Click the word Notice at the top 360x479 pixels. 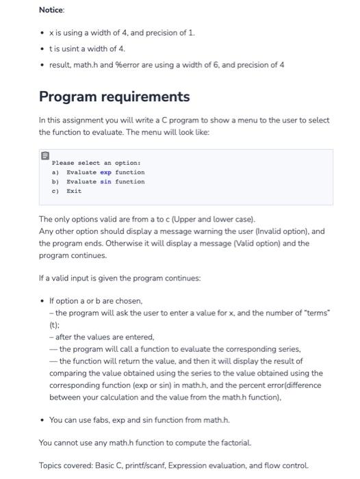tap(51, 10)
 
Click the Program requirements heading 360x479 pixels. tap(114, 96)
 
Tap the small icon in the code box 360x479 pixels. tap(45, 156)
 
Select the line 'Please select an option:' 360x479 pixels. tap(87, 163)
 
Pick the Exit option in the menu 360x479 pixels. tap(74, 191)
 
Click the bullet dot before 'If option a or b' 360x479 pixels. tap(42, 301)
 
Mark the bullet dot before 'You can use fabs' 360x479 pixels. tap(42, 419)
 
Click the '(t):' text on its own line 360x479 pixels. tap(55, 325)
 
